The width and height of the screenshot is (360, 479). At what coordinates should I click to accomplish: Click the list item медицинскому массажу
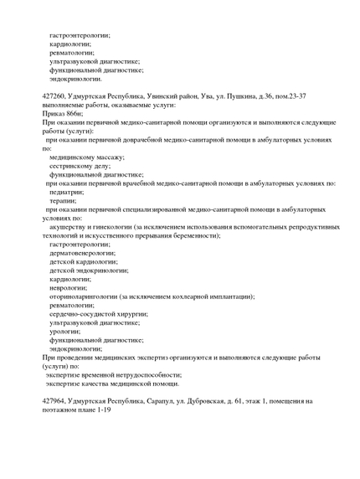coord(81,157)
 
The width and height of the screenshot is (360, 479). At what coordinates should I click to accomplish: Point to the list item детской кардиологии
coord(84,261)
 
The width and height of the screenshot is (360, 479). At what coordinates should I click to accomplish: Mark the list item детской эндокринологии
coord(89,270)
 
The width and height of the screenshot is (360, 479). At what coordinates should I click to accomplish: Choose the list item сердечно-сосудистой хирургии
coord(96,314)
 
